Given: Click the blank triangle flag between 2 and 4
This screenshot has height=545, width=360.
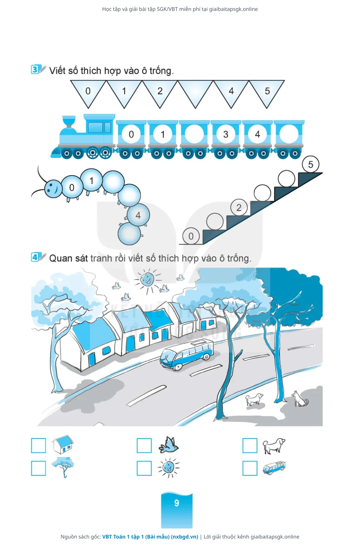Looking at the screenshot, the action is click(x=196, y=91).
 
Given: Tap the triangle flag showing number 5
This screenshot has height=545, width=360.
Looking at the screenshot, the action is click(x=267, y=91).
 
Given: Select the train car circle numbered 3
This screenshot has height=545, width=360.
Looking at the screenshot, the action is click(x=226, y=134).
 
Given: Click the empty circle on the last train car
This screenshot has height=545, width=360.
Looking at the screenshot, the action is click(x=289, y=134).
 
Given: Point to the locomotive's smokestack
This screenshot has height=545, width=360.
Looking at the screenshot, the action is click(x=69, y=122).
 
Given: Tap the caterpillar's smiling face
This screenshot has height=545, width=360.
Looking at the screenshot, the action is click(x=53, y=188).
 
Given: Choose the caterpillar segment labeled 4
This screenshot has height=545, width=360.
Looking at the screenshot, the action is click(x=138, y=215).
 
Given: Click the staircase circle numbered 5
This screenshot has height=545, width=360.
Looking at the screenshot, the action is click(x=311, y=165).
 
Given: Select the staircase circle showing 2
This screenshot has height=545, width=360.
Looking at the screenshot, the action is click(x=239, y=207).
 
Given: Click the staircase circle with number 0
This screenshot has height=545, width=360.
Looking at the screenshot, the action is click(x=191, y=236).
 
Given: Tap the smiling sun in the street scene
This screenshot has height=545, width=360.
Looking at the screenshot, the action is click(x=148, y=280).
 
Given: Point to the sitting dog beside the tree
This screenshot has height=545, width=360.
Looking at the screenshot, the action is click(x=300, y=398).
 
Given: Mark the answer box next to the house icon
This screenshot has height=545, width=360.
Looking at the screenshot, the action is click(x=39, y=445).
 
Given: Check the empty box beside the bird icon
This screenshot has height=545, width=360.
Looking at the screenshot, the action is click(x=144, y=445).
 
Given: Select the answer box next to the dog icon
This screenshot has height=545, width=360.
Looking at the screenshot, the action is click(x=250, y=445).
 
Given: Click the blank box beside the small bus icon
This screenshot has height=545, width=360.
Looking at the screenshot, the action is click(x=250, y=468).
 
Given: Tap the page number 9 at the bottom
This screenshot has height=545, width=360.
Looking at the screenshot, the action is click(x=177, y=503).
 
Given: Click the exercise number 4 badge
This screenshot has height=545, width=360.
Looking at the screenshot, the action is click(x=35, y=257).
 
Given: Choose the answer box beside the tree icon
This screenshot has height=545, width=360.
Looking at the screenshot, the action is click(x=39, y=468).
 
